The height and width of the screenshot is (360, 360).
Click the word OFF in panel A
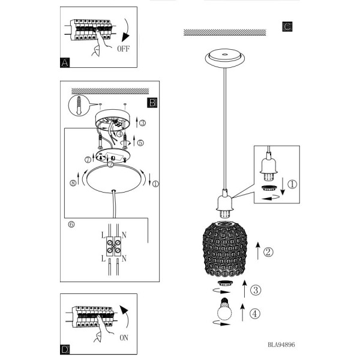coord(123,49)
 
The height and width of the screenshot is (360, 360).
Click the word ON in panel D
coord(124,338)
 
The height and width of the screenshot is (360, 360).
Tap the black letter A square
coord(65,62)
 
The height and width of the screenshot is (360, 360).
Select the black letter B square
coord(152,103)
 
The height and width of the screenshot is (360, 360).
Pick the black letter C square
coord(287,26)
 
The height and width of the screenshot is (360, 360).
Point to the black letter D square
coord(65,349)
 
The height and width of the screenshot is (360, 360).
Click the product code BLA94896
coord(281,344)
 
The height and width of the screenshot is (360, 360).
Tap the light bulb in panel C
coord(224,309)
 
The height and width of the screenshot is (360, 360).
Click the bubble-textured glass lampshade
coord(225,249)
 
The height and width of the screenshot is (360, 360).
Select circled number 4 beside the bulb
coord(255,314)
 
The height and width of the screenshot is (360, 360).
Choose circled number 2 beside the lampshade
coord(268,252)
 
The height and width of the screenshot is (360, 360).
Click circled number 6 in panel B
coord(71,224)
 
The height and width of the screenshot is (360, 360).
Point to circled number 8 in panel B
coord(73,183)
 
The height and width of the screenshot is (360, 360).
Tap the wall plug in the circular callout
coord(79,106)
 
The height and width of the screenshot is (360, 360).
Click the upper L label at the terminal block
coord(103,235)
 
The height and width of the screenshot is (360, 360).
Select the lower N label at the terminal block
coord(124,259)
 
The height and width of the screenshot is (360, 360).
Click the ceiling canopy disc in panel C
coord(225,58)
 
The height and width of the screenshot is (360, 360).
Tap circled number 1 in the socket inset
coord(292,184)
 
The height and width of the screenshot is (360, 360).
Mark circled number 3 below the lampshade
coord(256,290)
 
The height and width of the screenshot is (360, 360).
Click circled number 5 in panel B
coord(140,143)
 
